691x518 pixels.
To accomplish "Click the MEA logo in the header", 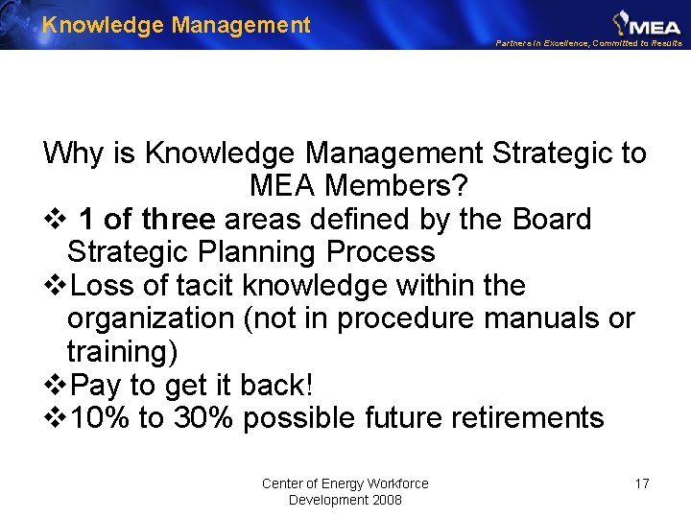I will point(647,22).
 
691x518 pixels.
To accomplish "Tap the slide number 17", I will point(642,483).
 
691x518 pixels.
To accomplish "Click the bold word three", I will point(178,220).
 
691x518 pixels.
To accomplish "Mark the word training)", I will point(122,352).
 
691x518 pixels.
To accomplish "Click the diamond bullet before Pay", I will point(57,386).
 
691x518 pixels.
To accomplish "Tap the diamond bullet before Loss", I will point(57,286).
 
